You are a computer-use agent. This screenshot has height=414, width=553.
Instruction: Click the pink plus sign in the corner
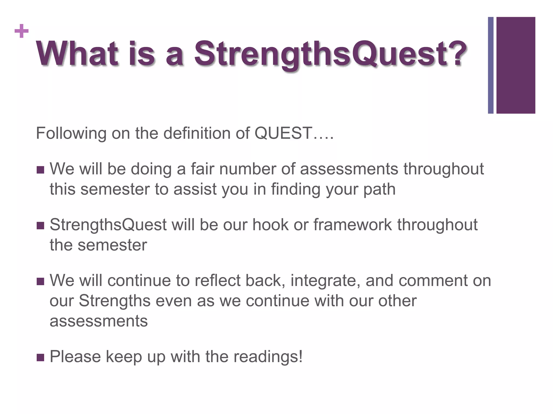pyautogui.click(x=22, y=31)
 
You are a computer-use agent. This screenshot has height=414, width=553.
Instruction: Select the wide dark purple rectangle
pyautogui.click(x=515, y=65)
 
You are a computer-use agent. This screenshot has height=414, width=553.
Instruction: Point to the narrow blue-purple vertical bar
pyautogui.click(x=490, y=65)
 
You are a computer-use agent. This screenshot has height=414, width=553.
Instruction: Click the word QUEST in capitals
pyautogui.click(x=283, y=133)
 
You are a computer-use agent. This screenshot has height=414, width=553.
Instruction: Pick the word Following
pyautogui.click(x=71, y=133)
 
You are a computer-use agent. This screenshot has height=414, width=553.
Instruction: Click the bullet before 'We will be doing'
pyautogui.click(x=40, y=170)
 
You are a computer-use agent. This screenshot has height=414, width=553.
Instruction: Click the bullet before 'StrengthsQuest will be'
pyautogui.click(x=40, y=226)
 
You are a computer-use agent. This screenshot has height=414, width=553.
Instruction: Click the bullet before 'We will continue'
pyautogui.click(x=40, y=282)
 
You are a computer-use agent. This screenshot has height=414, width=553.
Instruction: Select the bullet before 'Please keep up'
pyautogui.click(x=40, y=358)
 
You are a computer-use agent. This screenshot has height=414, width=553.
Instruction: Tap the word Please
pyautogui.click(x=75, y=357)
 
